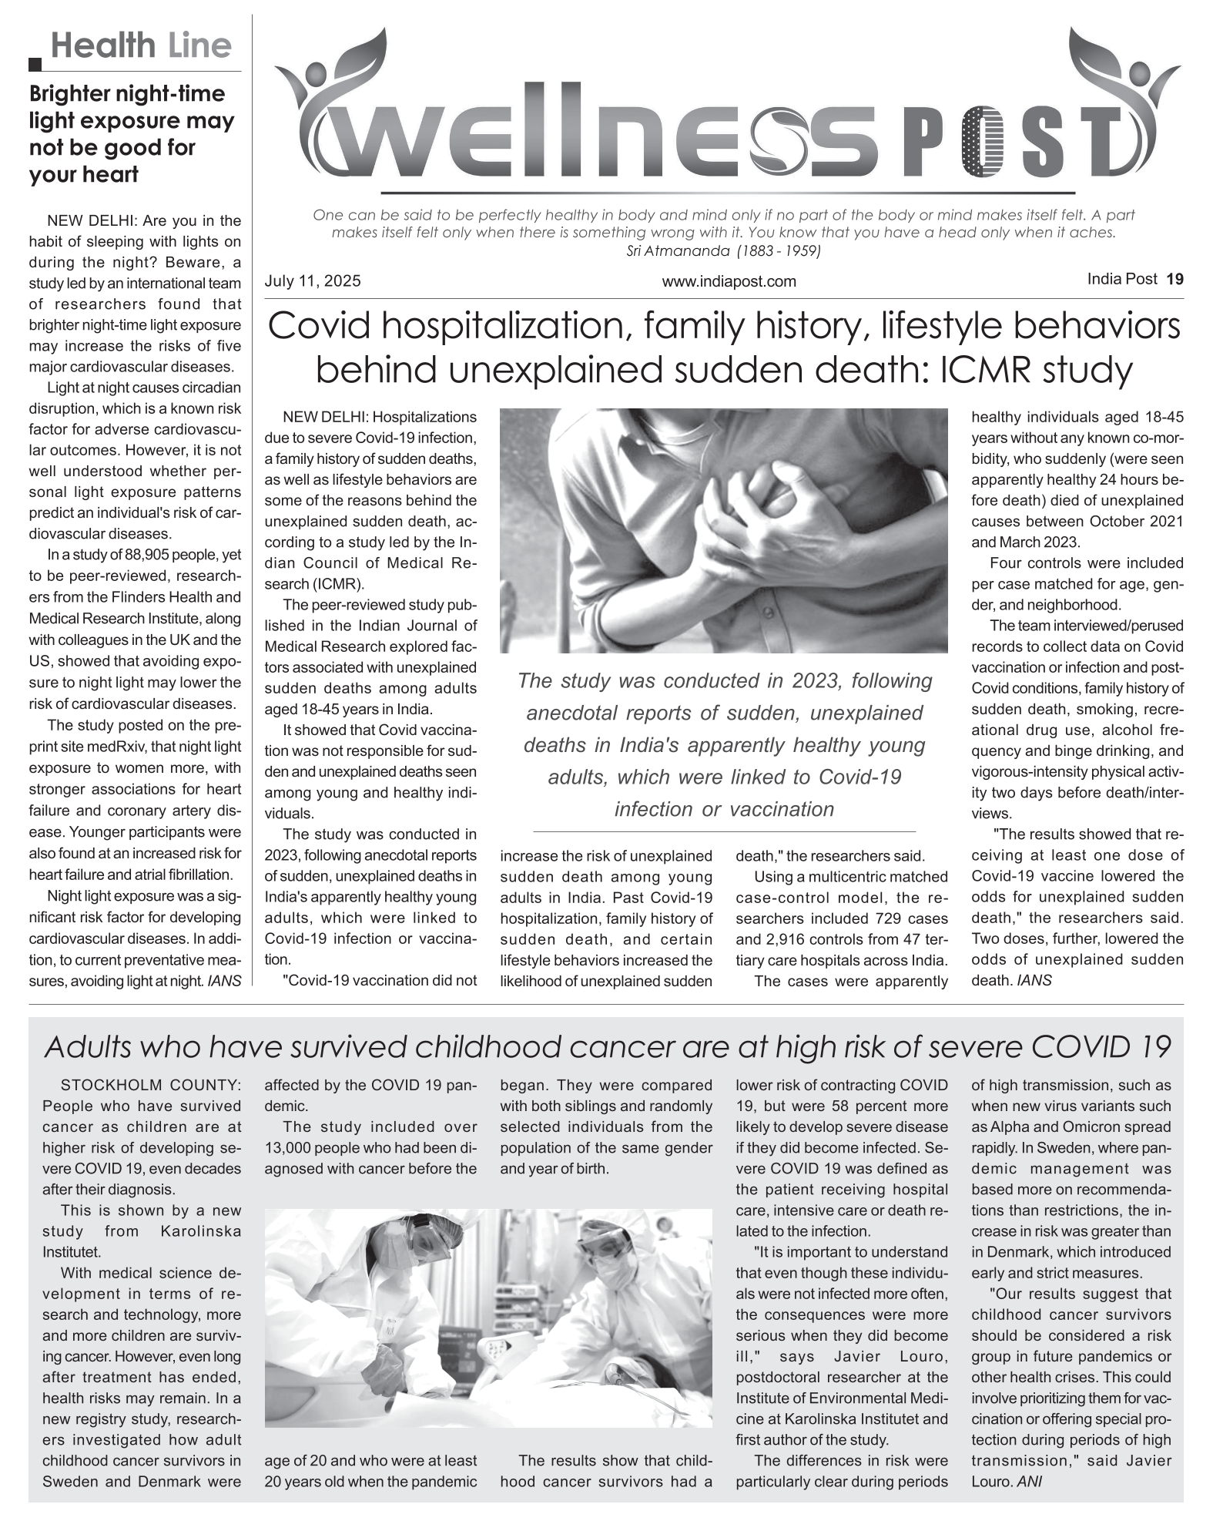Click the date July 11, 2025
click(x=312, y=281)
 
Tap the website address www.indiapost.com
click(x=729, y=282)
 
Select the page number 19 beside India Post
click(x=1174, y=280)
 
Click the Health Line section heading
click(x=141, y=46)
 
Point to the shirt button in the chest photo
click(x=767, y=612)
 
